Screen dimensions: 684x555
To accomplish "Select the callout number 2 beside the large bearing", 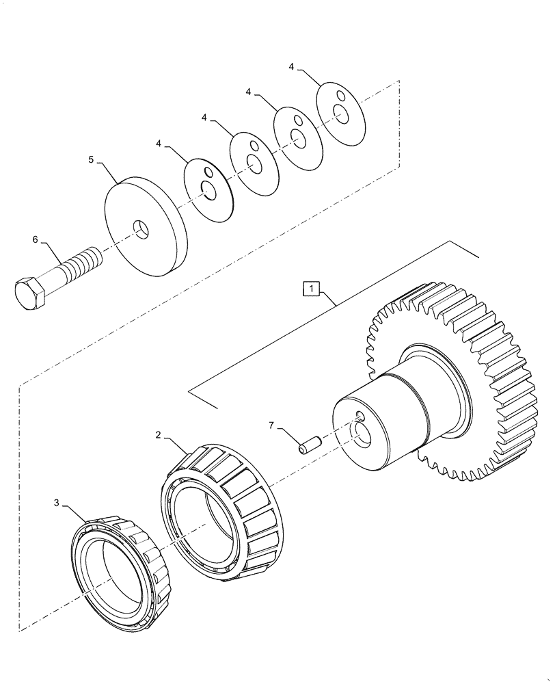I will coord(158,434).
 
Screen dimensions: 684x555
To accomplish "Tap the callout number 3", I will coord(56,503).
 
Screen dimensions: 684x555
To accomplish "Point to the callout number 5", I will coord(91,159).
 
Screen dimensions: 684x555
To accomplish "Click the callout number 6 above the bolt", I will coord(36,239).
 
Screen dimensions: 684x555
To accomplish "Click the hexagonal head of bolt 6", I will coord(30,293).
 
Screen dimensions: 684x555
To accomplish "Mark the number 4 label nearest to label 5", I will coord(158,144).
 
